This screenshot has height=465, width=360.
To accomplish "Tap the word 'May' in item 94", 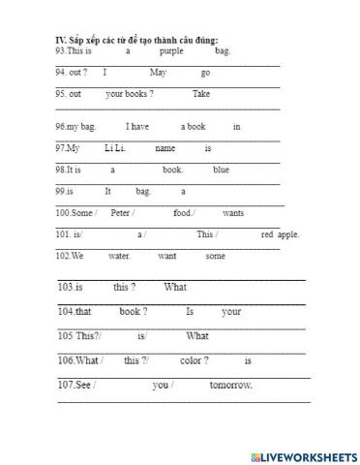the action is tap(159, 73).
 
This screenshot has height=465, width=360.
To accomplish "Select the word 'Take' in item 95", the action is tap(201, 94).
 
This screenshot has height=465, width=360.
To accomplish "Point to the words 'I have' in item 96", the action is tap(138, 127).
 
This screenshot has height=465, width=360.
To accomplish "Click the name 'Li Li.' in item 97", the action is tap(115, 148).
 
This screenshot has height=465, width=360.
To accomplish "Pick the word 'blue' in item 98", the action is tap(221, 170).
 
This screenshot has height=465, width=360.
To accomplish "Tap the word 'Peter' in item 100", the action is tap(121, 212).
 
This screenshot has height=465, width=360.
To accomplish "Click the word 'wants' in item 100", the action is tap(233, 212).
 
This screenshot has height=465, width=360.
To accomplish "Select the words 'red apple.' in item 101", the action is tap(280, 234).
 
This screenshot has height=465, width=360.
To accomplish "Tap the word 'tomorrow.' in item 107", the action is tap(231, 385).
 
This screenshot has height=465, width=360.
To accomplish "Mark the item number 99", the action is tap(61, 191).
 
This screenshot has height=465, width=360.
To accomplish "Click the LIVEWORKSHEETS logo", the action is tap(303, 455).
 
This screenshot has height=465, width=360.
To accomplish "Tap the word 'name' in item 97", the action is tap(165, 148).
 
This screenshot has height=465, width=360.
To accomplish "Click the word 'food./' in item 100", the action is tap(184, 212).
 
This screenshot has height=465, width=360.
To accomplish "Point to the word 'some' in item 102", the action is tap(215, 256).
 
